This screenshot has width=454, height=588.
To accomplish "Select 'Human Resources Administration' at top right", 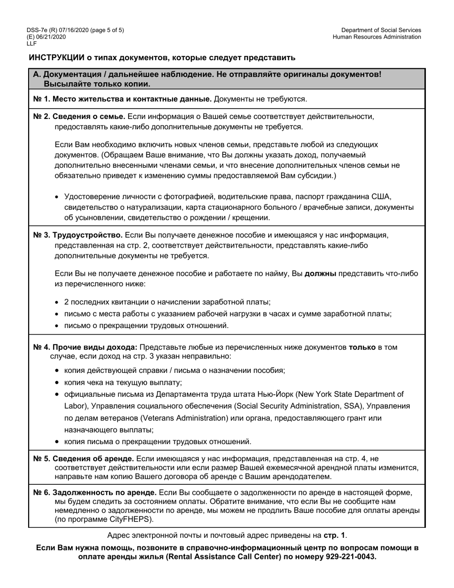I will click(377, 37).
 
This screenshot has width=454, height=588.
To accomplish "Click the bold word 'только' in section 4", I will click(362, 347).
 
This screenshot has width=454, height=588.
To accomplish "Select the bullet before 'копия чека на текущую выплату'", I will click(58, 382).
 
